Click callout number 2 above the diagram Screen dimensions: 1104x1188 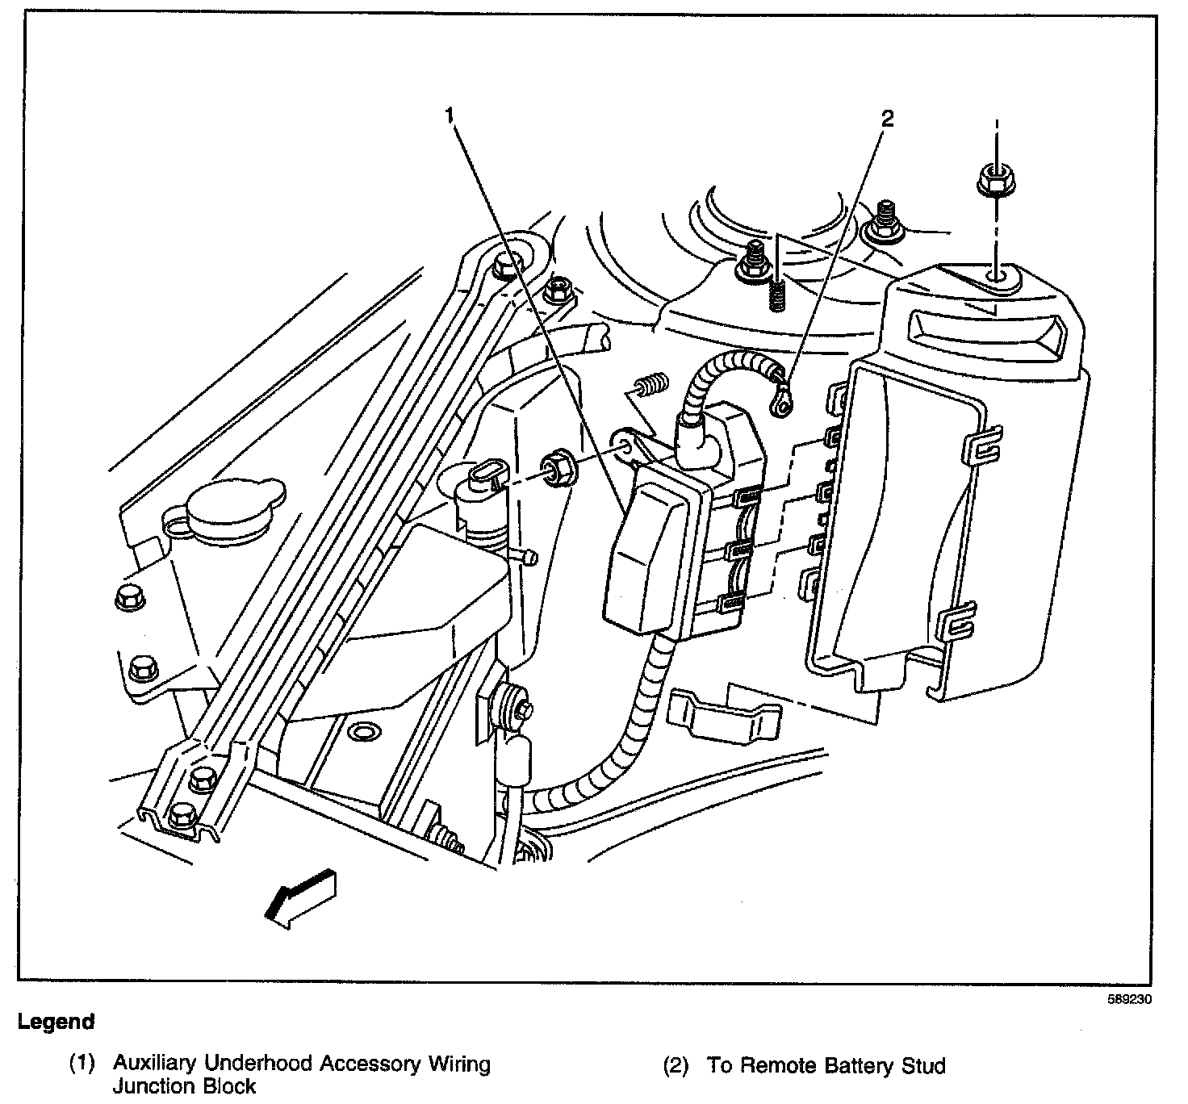[887, 119]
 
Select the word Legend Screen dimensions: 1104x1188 [56, 1022]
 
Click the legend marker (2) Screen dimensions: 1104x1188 [676, 1066]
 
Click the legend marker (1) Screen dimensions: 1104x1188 [82, 1064]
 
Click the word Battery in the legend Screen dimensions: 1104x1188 [847, 1065]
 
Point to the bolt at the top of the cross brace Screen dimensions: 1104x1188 [505, 263]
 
